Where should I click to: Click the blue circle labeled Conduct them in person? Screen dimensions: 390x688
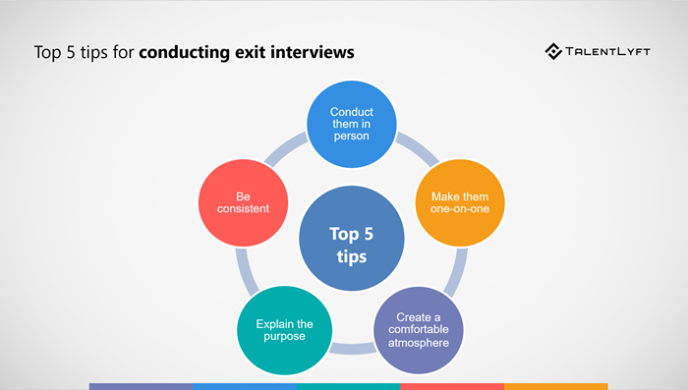351,123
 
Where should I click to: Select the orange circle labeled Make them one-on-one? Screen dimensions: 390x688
452,203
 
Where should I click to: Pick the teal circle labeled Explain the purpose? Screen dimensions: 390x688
283,329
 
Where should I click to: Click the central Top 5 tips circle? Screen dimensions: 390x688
351,244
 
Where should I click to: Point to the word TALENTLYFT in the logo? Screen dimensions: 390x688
615,51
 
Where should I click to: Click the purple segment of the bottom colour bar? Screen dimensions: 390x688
141,386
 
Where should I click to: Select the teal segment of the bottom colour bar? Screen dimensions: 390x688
348,386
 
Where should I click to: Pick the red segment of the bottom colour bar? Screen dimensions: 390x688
452,386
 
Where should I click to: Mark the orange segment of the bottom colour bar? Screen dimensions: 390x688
556,386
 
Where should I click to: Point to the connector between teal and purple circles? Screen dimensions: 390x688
351,349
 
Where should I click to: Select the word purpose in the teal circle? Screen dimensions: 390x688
283,336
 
